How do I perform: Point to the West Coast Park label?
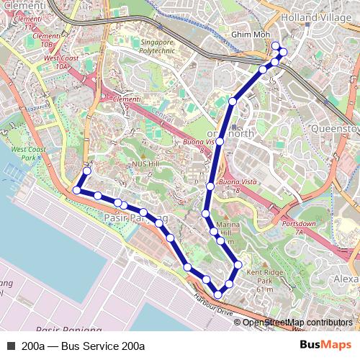[34, 153]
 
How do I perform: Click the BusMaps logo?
[325, 345]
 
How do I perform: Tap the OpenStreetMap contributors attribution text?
[298, 323]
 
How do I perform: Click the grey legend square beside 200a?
[11, 346]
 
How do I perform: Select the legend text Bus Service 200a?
[102, 346]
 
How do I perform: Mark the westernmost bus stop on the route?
[76, 190]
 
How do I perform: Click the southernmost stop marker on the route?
[217, 294]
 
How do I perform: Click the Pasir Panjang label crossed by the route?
[136, 217]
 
